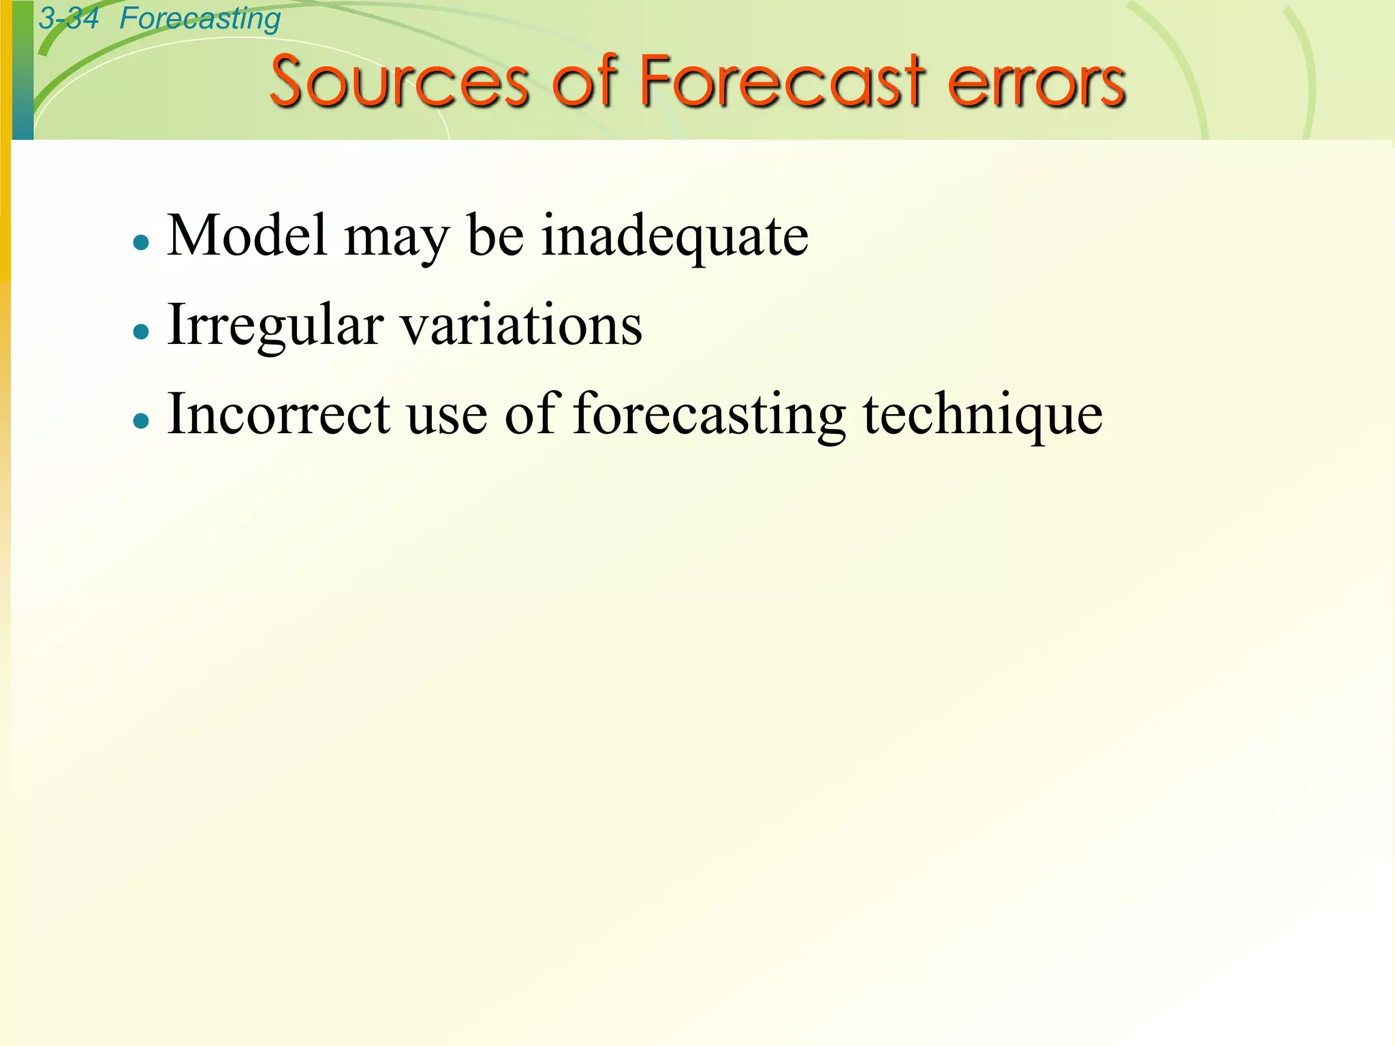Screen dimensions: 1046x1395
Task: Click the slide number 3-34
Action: click(x=68, y=18)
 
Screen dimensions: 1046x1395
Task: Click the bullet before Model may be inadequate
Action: click(x=141, y=242)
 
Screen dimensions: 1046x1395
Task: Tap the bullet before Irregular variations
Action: click(x=141, y=332)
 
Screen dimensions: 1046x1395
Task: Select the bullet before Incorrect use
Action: click(x=141, y=421)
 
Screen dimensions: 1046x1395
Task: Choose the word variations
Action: click(x=521, y=326)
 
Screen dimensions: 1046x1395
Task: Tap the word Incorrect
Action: click(x=279, y=414)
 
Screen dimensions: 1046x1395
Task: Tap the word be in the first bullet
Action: click(x=495, y=236)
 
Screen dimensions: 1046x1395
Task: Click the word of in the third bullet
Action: click(x=532, y=414)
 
